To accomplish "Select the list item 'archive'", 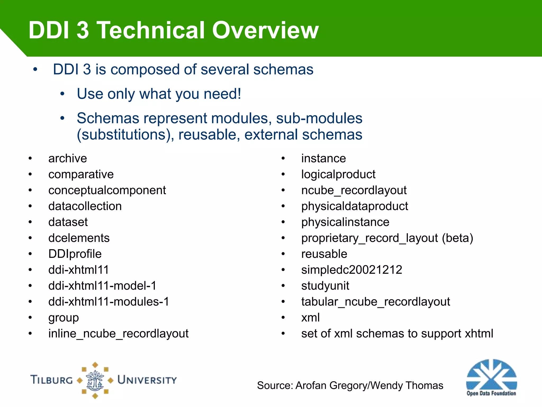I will [x=67, y=158].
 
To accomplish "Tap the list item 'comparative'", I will [x=81, y=174].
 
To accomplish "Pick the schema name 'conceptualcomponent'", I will [x=107, y=190].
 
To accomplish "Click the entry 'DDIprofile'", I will [x=75, y=254].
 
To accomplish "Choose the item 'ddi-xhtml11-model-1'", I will [x=102, y=286].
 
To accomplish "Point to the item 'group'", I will [x=64, y=318].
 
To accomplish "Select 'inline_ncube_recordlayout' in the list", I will [x=118, y=333].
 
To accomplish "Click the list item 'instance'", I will [x=323, y=158].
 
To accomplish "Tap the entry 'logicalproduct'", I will [x=338, y=174].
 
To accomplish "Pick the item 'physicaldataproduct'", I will [x=355, y=206].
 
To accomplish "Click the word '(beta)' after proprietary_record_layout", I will [x=458, y=238].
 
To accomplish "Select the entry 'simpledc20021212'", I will [x=352, y=270].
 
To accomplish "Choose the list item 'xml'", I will [x=310, y=317].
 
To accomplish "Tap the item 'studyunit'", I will [x=325, y=286].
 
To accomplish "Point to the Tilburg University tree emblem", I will [x=95, y=380].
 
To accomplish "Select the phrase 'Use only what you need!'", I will [x=159, y=94].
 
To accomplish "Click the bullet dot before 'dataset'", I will [x=30, y=222].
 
